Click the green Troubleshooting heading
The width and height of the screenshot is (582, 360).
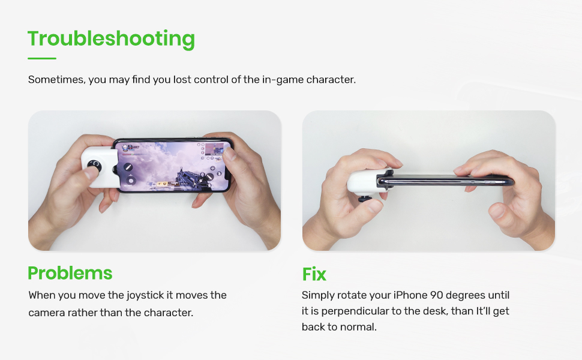coord(111,38)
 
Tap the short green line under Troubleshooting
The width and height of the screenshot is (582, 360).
coord(42,58)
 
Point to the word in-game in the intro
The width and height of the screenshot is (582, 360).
coord(281,79)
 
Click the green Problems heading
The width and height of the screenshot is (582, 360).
coord(70,273)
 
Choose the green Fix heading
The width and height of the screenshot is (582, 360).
coord(314,274)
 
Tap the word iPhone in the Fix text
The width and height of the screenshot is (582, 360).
coord(411,295)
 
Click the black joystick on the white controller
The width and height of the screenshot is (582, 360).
coord(95,165)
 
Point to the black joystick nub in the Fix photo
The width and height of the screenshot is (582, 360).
coord(363,199)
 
